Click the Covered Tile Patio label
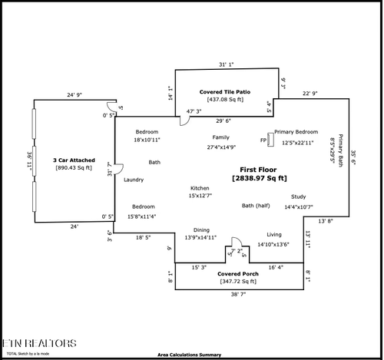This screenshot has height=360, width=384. (225, 91)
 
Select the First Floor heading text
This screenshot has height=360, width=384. (259, 170)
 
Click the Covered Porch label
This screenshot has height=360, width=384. (237, 273)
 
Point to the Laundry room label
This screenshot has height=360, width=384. (134, 179)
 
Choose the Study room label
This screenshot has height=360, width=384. (298, 197)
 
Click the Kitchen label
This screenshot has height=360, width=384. (200, 188)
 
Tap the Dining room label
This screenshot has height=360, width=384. (200, 230)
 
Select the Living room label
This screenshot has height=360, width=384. (274, 234)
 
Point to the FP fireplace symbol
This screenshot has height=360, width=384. (263, 140)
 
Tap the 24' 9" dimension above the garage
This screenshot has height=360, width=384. (74, 94)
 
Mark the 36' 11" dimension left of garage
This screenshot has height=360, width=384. (28, 161)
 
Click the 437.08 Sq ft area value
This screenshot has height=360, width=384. (225, 99)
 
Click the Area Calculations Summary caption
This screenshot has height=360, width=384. (189, 355)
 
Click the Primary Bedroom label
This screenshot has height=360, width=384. (296, 132)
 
